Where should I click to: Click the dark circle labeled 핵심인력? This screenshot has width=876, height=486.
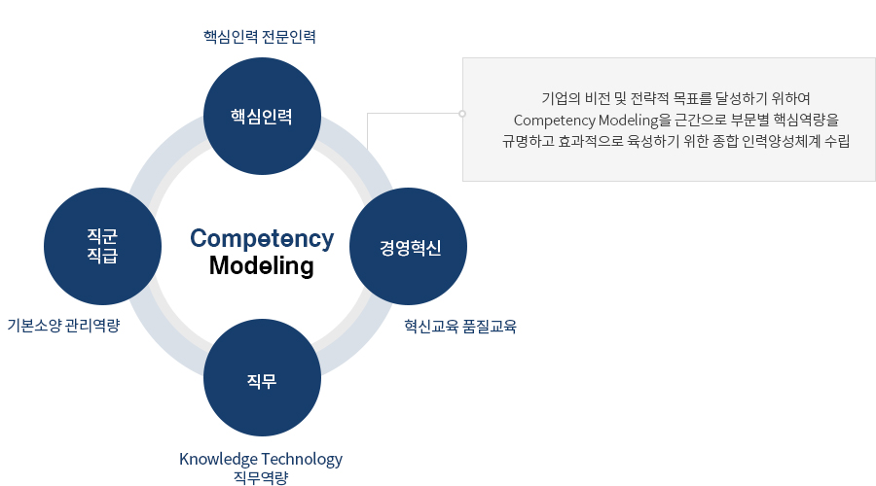[x=262, y=116]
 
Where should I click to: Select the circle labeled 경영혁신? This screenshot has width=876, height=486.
[x=409, y=246]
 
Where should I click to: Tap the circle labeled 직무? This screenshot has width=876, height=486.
[x=262, y=378]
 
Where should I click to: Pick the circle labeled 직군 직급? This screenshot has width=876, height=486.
[x=103, y=246]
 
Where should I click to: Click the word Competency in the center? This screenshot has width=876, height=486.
[x=262, y=238]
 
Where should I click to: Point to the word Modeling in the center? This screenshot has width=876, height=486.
[x=262, y=265]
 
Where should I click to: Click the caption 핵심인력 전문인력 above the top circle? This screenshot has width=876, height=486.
[x=260, y=37]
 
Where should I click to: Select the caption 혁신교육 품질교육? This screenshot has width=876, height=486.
[x=460, y=326]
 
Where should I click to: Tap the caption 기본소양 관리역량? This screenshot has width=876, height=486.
[x=63, y=326]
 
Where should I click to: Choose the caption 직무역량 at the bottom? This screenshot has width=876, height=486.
[x=261, y=477]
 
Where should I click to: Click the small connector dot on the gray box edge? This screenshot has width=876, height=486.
[x=462, y=114]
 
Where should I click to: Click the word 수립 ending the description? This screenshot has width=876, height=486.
[x=837, y=141]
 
